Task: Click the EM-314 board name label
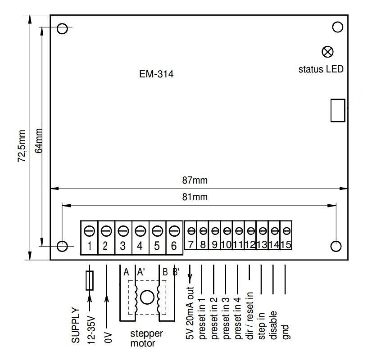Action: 156,74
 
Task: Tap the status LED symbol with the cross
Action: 328,52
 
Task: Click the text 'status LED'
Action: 321,69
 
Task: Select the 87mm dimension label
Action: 195,180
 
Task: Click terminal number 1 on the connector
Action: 90,246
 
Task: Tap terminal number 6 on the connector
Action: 174,246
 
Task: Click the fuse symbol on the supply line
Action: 90,280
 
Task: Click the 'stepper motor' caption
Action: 146,338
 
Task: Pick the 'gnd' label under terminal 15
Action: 286,331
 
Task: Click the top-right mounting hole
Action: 337,27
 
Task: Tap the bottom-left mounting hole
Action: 62,246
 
